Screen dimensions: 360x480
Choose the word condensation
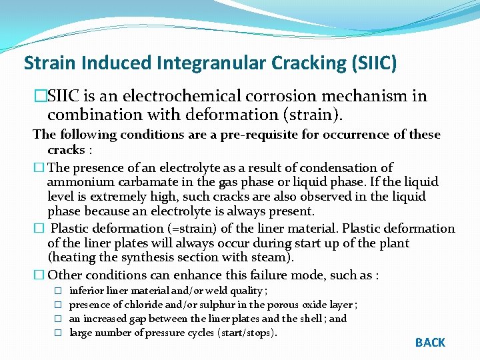(339, 167)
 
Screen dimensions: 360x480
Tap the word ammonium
(77, 182)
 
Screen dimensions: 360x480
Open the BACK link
(430, 343)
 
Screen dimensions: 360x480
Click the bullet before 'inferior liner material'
(58, 291)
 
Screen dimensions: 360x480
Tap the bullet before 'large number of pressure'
(58, 333)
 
